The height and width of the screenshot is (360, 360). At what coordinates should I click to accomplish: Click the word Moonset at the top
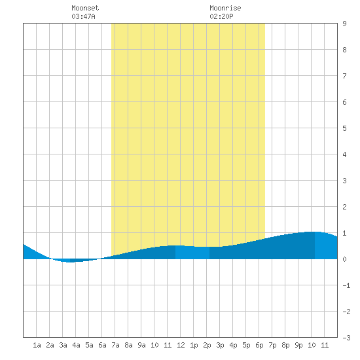tap(85, 8)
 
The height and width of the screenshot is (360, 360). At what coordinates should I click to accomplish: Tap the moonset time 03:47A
tap(83, 16)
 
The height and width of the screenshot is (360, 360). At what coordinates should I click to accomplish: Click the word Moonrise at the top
tap(225, 8)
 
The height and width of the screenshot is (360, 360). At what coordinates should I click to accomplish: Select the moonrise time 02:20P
tap(221, 16)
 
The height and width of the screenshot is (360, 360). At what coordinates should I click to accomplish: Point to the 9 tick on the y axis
tap(344, 24)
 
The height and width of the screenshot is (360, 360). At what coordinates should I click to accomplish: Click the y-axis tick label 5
tap(344, 128)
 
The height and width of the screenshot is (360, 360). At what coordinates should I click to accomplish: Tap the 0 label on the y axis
tap(344, 259)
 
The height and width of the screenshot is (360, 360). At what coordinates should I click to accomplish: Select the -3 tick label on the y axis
tap(346, 338)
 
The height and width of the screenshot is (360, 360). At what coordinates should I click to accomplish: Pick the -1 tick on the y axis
tap(346, 285)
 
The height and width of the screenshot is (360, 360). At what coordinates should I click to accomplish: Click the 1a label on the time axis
tap(37, 345)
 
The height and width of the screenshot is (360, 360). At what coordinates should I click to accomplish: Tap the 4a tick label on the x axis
tap(76, 345)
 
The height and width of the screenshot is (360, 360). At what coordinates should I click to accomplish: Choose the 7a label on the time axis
tap(115, 345)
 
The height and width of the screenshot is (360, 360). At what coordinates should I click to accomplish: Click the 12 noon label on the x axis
tap(181, 345)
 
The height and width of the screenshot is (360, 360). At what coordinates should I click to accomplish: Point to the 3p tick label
tap(220, 345)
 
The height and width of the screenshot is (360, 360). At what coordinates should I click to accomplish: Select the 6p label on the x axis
tap(259, 345)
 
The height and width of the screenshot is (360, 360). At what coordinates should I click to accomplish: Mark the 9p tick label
tap(298, 345)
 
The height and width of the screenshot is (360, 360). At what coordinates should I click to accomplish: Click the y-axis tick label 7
tap(344, 76)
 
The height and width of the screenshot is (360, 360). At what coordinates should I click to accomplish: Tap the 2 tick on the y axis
tap(344, 207)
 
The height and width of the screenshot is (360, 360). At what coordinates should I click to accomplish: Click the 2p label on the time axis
tap(207, 345)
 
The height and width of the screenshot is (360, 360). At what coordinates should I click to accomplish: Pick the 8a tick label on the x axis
tap(128, 345)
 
